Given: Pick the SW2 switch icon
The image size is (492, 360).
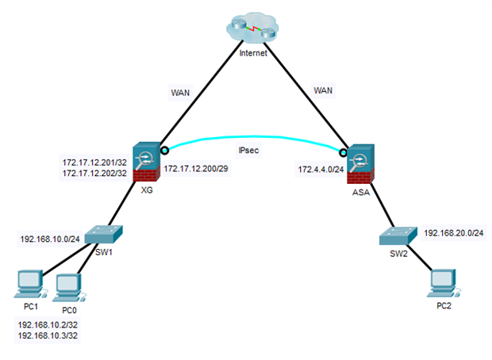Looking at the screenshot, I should (396, 236).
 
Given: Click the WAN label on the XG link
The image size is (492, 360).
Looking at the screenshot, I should (181, 93).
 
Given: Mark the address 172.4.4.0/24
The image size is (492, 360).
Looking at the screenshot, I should (320, 170).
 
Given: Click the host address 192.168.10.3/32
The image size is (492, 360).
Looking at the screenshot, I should (50, 336).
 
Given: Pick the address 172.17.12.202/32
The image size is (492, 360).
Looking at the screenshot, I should (95, 174).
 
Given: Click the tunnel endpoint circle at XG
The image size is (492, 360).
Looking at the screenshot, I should (163, 149).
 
